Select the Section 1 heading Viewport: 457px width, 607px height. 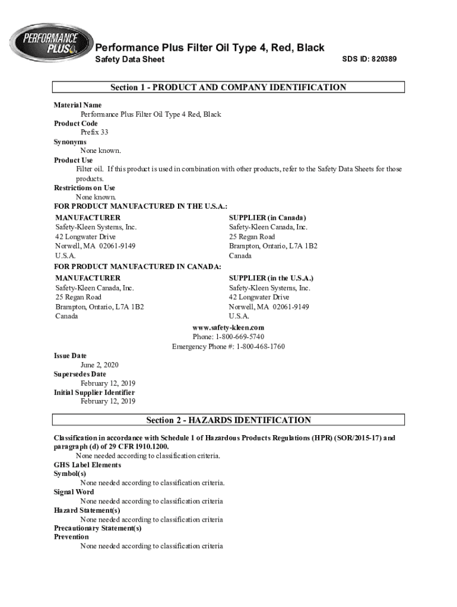(228, 88)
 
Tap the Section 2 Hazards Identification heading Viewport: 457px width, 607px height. (228, 421)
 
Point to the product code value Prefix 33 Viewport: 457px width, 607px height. (94, 133)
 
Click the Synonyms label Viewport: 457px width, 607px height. (70, 142)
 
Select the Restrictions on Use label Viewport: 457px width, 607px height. (84, 188)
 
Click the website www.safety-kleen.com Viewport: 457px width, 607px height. (228, 328)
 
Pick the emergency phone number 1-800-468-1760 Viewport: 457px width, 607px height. (261, 346)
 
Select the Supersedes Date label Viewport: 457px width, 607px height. (80, 374)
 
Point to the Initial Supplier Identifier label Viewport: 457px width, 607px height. (94, 392)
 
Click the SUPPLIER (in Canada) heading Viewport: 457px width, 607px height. (268, 218)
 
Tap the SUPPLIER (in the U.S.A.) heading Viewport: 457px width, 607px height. (271, 278)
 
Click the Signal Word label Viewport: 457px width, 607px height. (74, 492)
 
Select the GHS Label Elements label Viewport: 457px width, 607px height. (87, 465)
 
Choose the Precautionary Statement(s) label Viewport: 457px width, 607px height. (98, 528)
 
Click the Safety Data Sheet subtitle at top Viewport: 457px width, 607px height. (130, 59)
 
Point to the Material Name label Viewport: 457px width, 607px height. (78, 105)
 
